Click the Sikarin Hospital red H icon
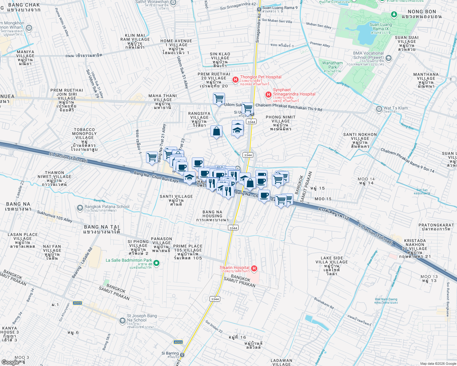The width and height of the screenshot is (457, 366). [254, 268]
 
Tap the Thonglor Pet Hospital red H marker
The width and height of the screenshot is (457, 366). [235, 80]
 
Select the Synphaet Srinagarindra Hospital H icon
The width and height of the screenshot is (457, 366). [268, 95]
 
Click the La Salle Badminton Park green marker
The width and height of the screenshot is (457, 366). [156, 263]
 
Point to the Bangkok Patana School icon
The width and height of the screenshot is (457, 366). [80, 208]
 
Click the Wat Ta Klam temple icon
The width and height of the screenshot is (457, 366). [379, 109]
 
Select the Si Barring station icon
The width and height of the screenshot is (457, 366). [182, 355]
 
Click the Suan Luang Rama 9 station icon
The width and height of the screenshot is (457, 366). [259, 9]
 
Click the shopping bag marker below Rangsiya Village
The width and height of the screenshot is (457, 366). [216, 131]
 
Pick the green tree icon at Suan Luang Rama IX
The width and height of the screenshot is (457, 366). [394, 14]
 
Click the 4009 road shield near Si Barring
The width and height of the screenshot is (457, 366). [178, 342]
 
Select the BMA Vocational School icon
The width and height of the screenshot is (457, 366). [389, 58]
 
